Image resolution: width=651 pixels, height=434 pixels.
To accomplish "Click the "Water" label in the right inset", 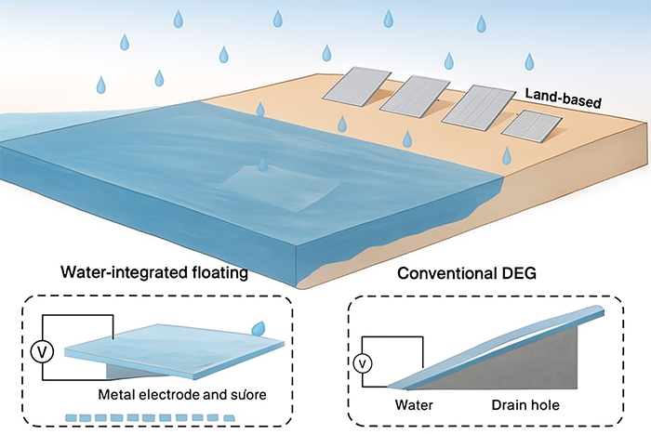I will pos(415,405).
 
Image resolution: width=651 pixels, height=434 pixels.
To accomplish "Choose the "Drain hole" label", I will pos(526,405).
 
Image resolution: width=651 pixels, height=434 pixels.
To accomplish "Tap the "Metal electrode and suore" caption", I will pos(200,394).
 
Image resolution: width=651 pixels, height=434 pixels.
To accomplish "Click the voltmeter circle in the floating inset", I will pos(40,350).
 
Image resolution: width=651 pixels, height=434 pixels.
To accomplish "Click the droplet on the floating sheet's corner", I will pos(258,328).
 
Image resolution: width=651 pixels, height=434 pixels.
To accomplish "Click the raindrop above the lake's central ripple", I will pos(264,164).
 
